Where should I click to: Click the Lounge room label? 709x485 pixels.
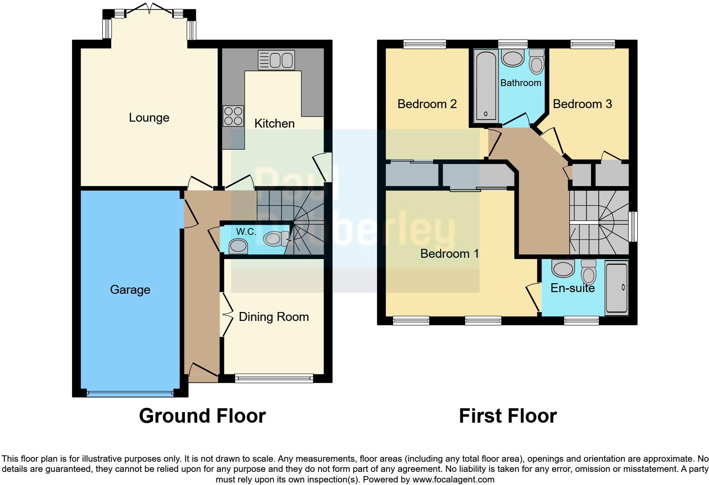click(149, 118)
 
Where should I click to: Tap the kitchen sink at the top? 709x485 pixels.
click(276, 60)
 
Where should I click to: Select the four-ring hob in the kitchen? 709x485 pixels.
click(233, 116)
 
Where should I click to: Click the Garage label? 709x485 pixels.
click(130, 290)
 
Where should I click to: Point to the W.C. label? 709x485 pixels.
click(246, 232)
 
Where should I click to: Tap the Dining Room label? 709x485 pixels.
click(274, 317)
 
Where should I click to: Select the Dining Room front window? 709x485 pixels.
click(274, 378)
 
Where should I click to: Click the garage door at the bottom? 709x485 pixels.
click(130, 393)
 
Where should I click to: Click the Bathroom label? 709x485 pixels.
click(521, 83)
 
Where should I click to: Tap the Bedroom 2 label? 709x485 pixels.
click(427, 104)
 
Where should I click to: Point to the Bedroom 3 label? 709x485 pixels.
click(582, 104)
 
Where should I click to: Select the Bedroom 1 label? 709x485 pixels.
click(449, 254)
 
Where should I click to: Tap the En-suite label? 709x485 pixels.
click(572, 288)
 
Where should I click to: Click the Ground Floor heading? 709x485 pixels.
click(202, 416)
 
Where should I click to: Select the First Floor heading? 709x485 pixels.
click(508, 416)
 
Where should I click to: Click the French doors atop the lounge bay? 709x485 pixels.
click(149, 9)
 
